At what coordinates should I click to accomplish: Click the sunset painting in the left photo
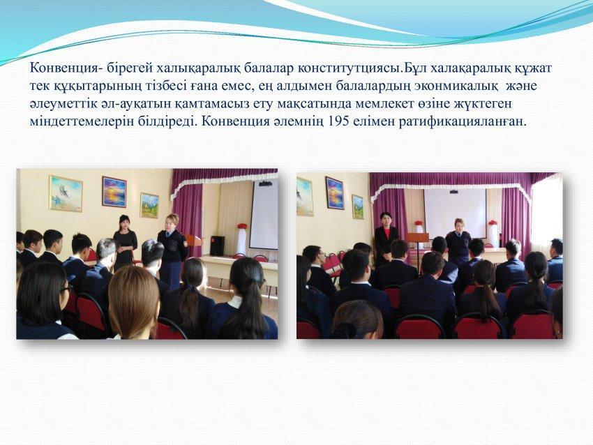[114, 192]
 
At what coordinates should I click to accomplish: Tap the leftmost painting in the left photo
[66, 193]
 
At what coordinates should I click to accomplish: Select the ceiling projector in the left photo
[265, 183]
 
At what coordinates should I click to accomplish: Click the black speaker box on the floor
[217, 246]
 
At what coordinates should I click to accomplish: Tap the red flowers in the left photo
[242, 226]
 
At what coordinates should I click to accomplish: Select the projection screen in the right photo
[455, 213]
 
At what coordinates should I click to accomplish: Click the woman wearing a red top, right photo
[386, 238]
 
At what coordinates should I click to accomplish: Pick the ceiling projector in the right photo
[453, 192]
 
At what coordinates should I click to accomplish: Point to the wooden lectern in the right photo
[418, 241]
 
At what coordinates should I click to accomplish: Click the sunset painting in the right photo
[335, 193]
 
